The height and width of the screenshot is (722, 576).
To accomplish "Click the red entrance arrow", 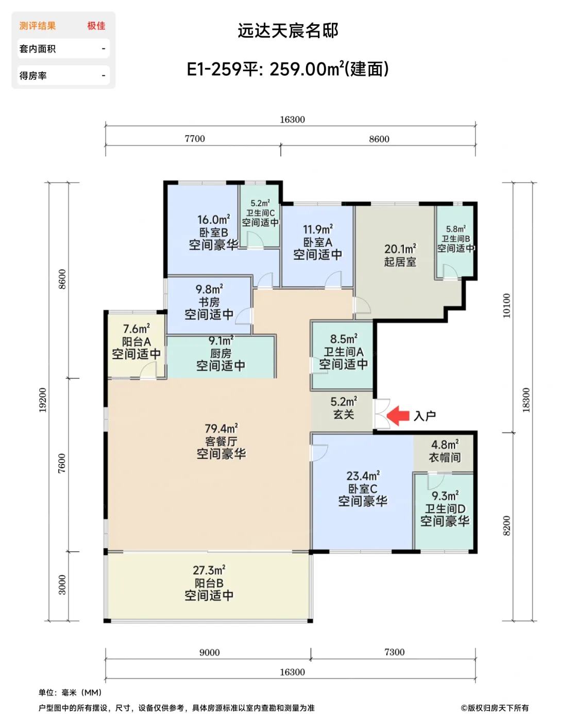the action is (398, 416).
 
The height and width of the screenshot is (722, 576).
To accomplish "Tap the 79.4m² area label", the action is (221, 429).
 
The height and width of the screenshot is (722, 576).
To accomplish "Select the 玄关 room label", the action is (344, 414).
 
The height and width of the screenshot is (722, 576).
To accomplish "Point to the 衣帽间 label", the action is (445, 457).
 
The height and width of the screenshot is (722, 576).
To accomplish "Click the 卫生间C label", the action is (261, 213).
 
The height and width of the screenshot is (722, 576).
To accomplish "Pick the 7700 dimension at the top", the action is (195, 139).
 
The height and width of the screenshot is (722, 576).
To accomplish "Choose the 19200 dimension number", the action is (43, 400).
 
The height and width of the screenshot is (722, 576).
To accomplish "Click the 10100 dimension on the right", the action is (506, 306).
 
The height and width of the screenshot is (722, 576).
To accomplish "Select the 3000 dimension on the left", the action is (62, 585).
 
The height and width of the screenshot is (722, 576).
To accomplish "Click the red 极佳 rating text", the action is (96, 26).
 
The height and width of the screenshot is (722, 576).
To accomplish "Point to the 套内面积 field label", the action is (38, 49).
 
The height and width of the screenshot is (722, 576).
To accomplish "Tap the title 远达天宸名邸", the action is (288, 31).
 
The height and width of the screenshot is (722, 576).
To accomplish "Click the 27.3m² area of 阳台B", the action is (209, 570).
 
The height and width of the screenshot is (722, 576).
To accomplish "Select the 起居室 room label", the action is (400, 261).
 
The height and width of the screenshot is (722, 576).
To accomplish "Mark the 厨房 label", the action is (221, 353).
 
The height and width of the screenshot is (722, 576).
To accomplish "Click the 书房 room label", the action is (209, 302).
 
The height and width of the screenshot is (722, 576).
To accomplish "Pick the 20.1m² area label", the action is (400, 249).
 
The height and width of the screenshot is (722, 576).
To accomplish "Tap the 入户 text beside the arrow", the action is (425, 416).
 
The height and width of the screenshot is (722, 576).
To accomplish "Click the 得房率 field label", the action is (33, 76).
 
